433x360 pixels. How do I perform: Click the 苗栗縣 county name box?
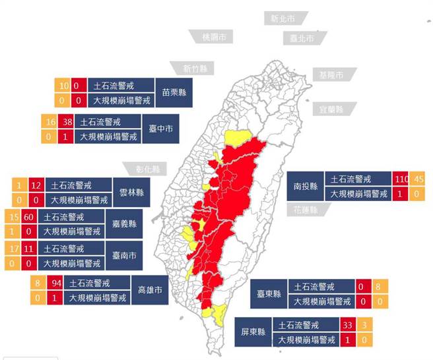click(x=174, y=93)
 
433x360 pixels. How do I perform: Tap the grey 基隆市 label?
click(x=331, y=75)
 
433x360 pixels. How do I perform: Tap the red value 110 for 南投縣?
click(x=401, y=179)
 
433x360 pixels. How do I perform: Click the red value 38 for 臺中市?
click(x=66, y=122)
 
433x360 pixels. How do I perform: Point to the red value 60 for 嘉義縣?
click(x=29, y=217)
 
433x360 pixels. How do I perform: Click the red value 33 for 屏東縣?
click(x=350, y=325)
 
